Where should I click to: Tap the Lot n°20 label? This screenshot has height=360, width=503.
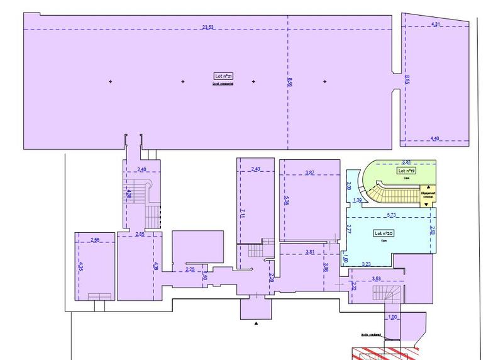click(384, 233)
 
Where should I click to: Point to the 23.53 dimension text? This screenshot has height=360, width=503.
click(208, 26)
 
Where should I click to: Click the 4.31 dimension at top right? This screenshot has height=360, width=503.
click(436, 24)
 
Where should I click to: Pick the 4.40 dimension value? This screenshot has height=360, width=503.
click(435, 138)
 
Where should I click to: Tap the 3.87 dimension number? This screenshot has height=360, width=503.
click(309, 172)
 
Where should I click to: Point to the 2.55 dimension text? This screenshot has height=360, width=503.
click(96, 240)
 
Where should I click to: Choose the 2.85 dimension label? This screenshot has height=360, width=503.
click(140, 235)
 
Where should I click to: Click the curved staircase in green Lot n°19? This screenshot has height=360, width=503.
click(384, 192)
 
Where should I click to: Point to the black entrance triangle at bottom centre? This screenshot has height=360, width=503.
click(257, 323)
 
